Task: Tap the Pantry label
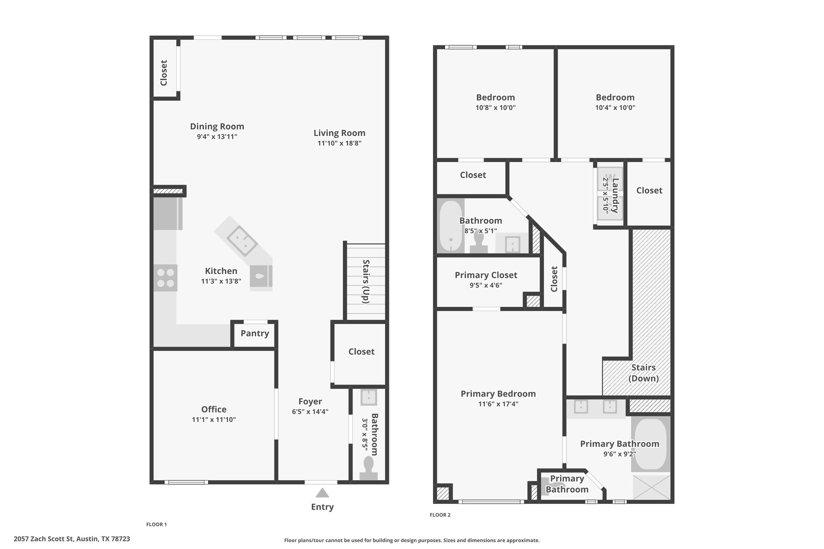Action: pos(255,333)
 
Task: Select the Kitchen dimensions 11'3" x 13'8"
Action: pos(221,281)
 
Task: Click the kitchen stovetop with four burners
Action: pos(165,278)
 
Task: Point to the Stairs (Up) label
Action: pos(366,281)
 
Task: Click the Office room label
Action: pos(214,409)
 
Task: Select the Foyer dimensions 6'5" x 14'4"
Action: pos(310,411)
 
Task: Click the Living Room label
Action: pos(339,133)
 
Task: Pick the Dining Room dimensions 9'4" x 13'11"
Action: pos(217,137)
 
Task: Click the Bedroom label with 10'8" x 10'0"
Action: pos(495,97)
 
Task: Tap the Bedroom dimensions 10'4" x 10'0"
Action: pos(615,107)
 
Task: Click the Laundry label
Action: pos(615,195)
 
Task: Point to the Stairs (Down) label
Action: pos(644,373)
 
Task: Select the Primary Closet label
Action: pos(486,275)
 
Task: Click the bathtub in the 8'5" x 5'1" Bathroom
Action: pos(451,226)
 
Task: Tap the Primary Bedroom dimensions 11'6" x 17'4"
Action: pos(498,404)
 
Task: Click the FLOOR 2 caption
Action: pos(440,515)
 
